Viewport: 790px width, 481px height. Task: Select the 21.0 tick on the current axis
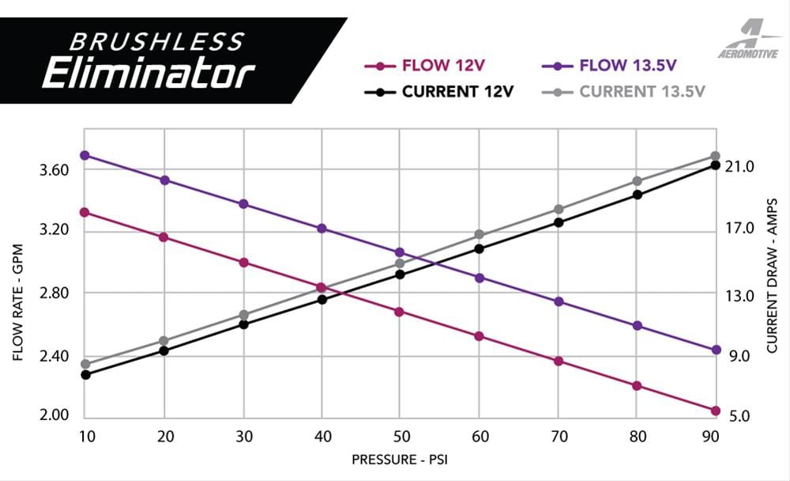(x=741, y=167)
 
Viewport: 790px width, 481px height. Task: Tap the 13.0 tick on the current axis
(x=741, y=296)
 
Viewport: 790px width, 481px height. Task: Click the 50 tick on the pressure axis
(x=400, y=436)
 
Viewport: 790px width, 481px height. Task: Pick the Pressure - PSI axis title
(x=400, y=459)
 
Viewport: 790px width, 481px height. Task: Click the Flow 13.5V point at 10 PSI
(x=85, y=155)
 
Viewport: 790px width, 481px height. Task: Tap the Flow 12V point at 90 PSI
(x=716, y=411)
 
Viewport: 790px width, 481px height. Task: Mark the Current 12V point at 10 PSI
(x=85, y=374)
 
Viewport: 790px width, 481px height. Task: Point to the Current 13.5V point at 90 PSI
(x=716, y=157)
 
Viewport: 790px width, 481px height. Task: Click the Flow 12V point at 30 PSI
(x=243, y=262)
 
